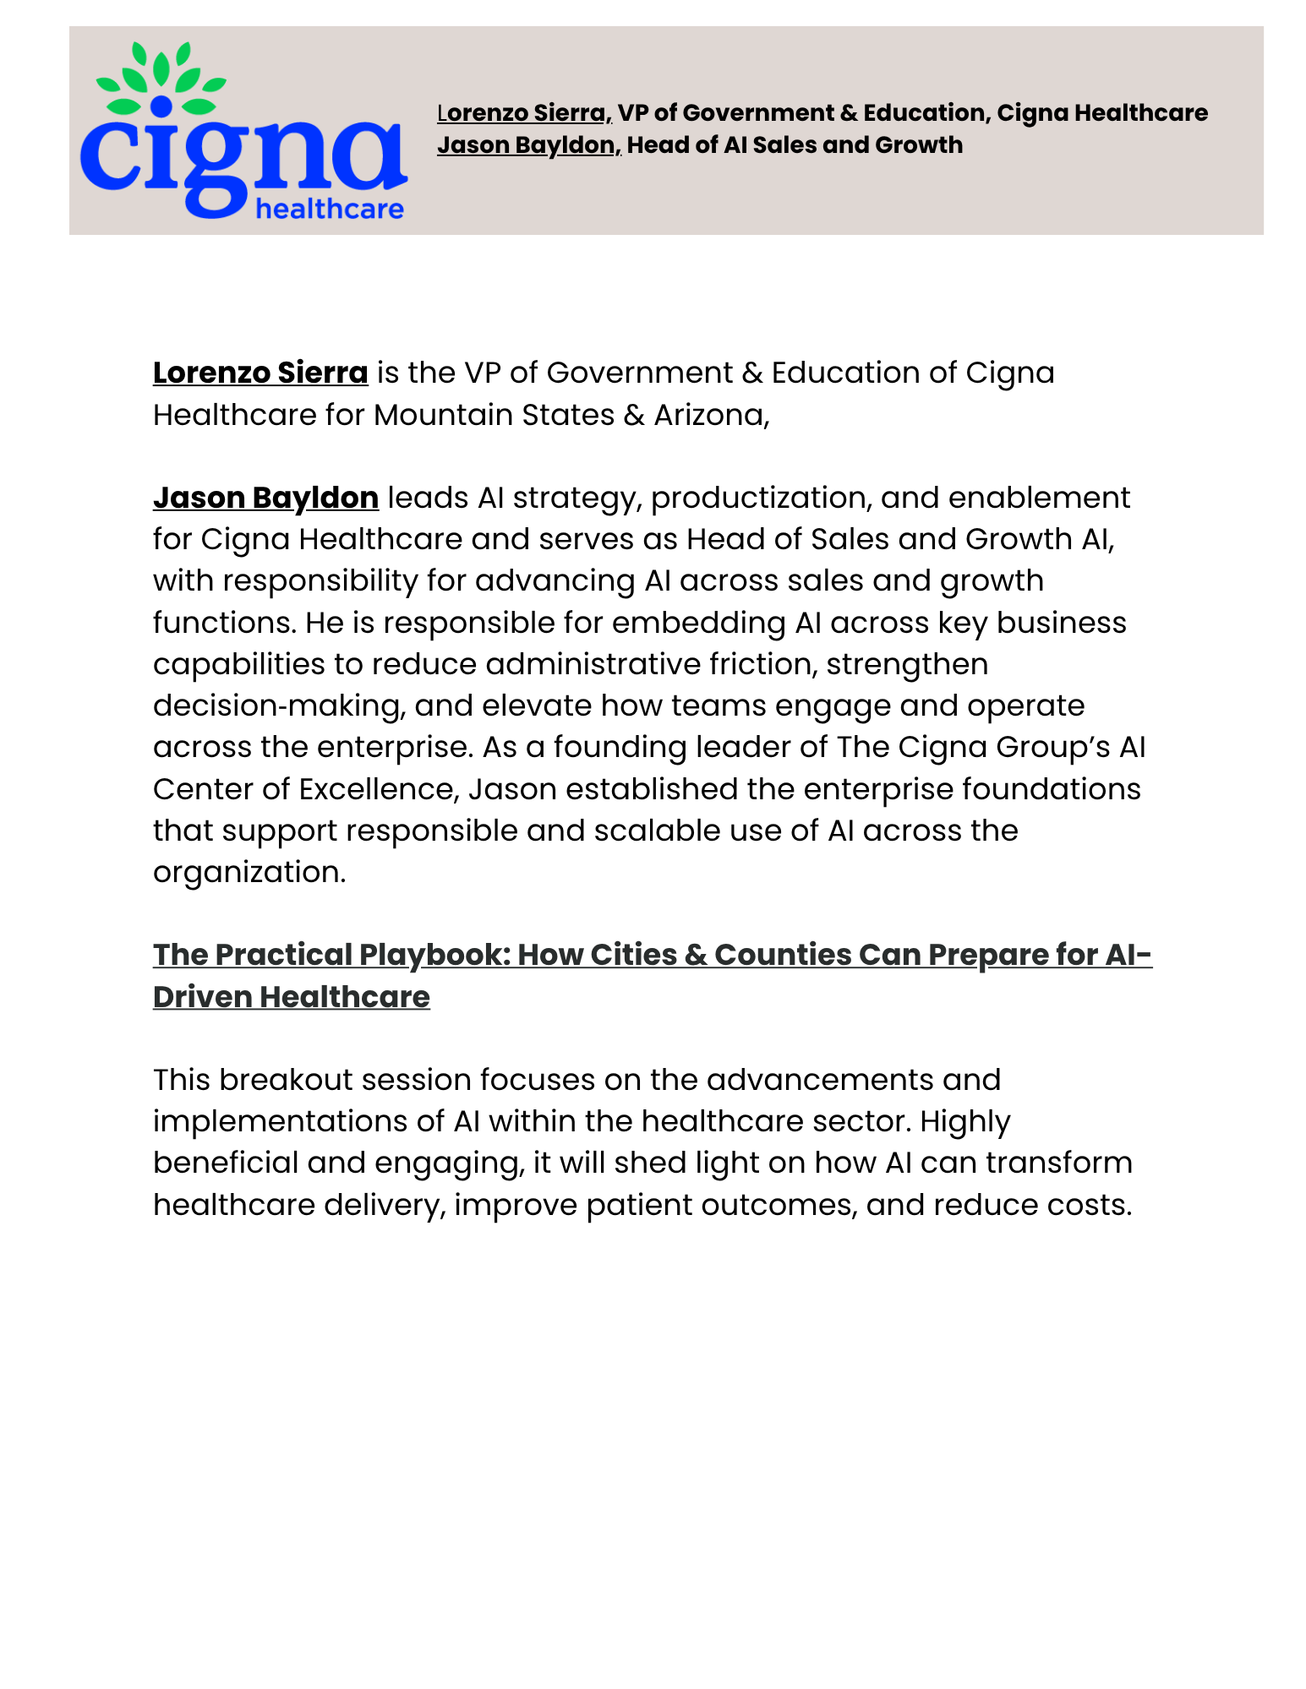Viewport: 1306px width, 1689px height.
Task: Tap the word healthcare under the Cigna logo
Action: point(330,209)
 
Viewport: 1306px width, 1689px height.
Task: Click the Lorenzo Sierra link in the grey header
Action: point(523,113)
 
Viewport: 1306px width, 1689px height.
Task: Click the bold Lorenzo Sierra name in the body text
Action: point(260,373)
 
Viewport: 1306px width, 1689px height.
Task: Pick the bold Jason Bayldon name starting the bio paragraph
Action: point(265,498)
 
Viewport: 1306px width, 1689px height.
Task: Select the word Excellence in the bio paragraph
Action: point(379,789)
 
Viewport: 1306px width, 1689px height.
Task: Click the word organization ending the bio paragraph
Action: point(249,872)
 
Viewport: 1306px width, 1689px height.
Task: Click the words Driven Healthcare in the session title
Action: point(292,997)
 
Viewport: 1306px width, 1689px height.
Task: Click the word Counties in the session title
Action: point(782,955)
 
